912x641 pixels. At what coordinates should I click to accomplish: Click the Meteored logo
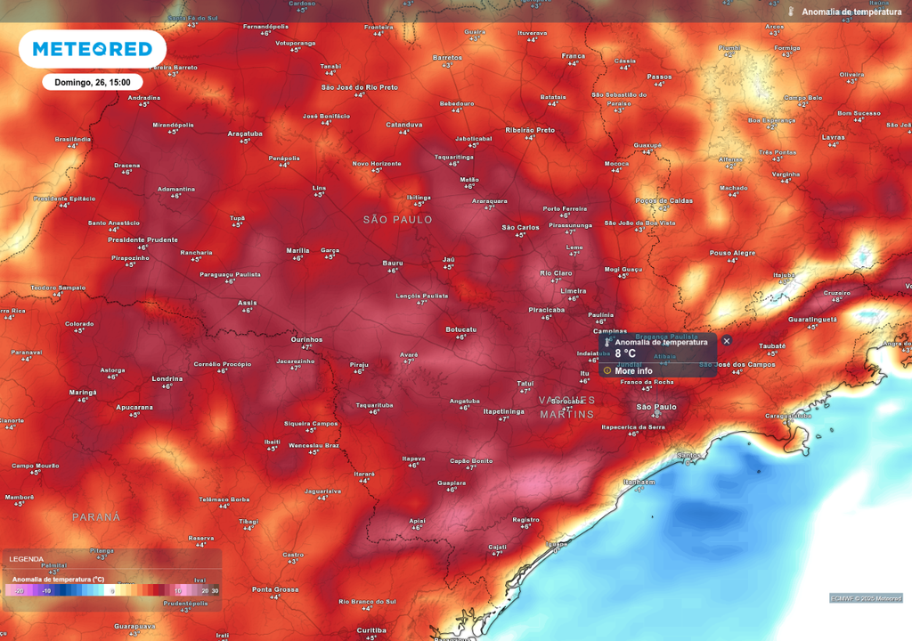point(92,49)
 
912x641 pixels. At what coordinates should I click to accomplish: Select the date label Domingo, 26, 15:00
point(92,82)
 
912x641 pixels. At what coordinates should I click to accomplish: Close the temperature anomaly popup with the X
point(727,341)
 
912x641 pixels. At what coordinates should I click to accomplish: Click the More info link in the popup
point(633,370)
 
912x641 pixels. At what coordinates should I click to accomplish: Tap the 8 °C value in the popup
point(625,353)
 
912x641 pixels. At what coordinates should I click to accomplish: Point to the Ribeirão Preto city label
point(530,130)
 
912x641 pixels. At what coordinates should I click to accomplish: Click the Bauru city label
point(393,263)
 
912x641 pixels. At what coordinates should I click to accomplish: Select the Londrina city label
point(167,378)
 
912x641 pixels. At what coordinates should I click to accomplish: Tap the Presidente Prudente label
point(142,239)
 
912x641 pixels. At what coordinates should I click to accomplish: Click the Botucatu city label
point(460,329)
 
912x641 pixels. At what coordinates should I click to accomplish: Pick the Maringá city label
point(83,392)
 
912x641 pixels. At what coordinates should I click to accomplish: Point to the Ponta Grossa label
point(274,589)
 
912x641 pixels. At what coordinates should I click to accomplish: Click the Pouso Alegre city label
point(732,253)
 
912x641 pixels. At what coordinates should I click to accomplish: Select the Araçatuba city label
point(245,134)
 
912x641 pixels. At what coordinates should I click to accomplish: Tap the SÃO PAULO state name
point(398,219)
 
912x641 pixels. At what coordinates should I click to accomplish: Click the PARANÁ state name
point(96,516)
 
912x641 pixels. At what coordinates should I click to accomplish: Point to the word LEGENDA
point(26,559)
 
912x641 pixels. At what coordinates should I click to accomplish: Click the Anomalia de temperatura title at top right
point(851,12)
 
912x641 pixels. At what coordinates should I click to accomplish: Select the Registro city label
point(525,519)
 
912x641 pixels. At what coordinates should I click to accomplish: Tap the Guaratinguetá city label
point(812,319)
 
